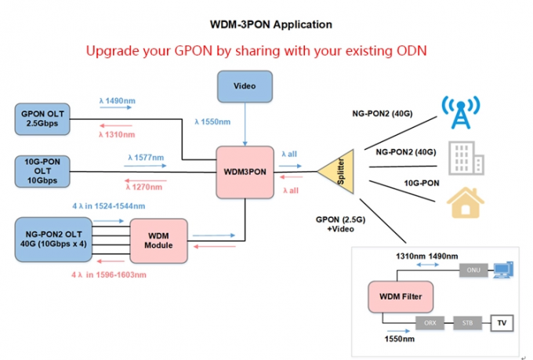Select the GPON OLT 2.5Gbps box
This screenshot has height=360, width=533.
43,122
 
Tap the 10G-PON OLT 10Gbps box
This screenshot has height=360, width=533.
43,172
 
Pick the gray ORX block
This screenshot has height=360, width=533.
430,322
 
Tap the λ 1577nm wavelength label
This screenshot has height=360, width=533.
146,158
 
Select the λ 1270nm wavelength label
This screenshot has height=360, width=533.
144,186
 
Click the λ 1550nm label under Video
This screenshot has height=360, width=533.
212,122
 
